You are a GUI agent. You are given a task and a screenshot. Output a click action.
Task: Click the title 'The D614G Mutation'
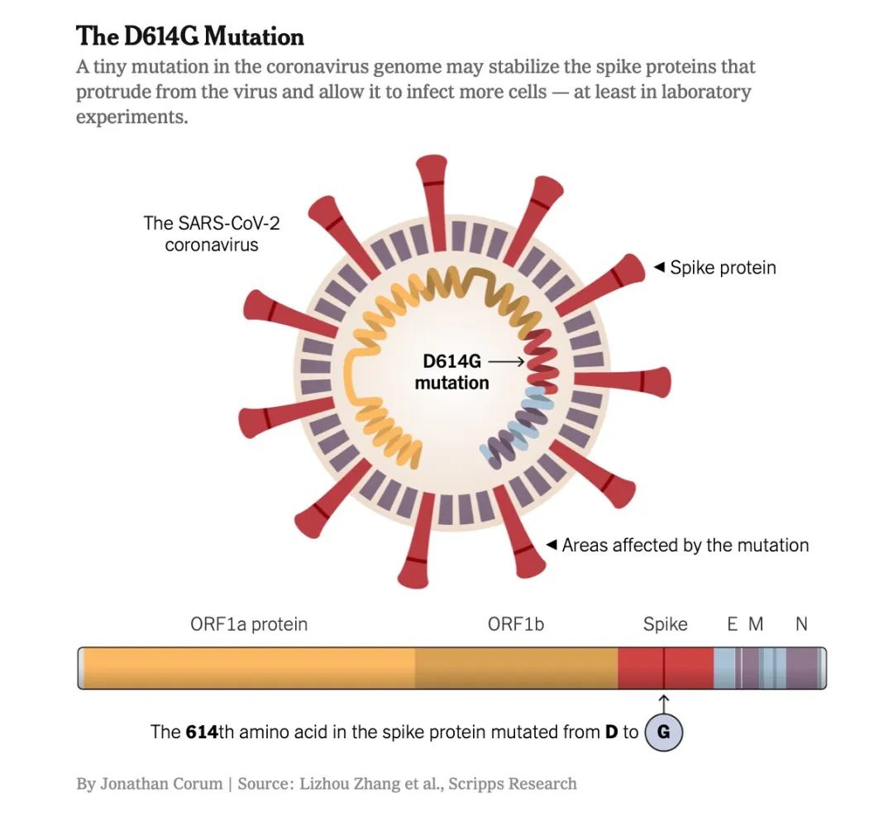coord(189,36)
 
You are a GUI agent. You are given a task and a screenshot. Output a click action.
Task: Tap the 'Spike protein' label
coord(723,268)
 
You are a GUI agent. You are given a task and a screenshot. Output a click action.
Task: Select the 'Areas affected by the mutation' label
coord(685,546)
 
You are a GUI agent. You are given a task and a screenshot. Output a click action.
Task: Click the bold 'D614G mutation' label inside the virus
coord(451,372)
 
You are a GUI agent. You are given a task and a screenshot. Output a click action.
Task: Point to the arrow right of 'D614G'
coord(505,361)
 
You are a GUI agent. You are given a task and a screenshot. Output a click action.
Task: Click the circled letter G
coord(663,733)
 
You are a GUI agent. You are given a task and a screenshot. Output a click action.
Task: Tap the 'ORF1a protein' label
coord(248,624)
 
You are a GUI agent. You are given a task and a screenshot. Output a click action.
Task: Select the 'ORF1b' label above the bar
coord(515,624)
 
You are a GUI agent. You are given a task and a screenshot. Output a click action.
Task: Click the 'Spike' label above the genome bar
coord(665,624)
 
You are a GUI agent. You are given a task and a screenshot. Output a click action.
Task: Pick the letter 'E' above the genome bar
coord(732,624)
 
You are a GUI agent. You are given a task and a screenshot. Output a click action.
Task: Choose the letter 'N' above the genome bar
coord(800,624)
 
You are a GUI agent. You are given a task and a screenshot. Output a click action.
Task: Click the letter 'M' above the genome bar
coord(756,624)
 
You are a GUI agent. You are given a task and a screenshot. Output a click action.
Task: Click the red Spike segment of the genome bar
coord(645,668)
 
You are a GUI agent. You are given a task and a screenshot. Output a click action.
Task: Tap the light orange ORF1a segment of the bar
coord(248,668)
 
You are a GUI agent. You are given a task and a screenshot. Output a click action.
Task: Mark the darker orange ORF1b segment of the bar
coord(515,668)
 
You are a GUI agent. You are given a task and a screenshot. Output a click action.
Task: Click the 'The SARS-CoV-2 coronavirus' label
coord(211,233)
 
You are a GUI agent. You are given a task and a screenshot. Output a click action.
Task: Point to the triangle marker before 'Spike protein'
coord(659,267)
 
